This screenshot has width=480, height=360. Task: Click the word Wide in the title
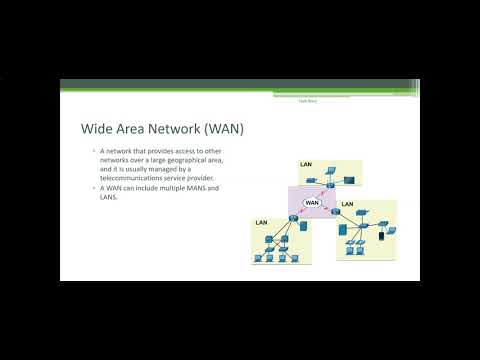coord(97,129)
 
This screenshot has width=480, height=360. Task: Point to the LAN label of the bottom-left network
coord(262,222)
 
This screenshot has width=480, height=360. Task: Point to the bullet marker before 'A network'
coord(92,151)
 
